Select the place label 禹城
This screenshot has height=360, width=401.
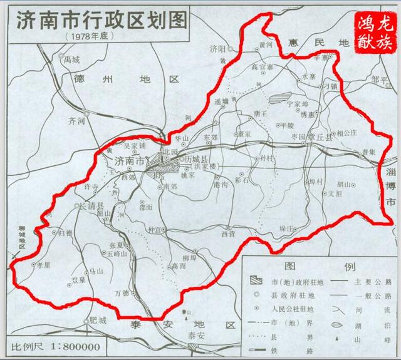(71, 61)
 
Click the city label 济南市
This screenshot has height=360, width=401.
(129, 161)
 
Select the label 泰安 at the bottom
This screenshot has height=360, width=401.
(196, 335)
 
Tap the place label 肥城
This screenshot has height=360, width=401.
(98, 320)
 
